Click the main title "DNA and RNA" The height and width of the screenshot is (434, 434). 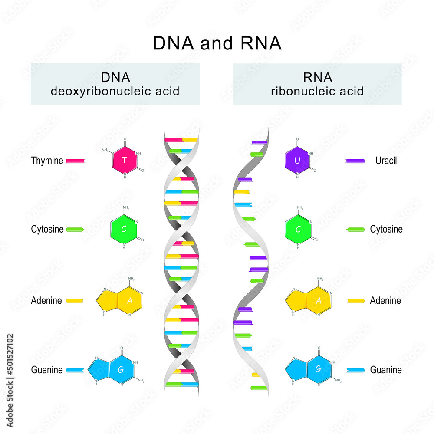click(x=217, y=43)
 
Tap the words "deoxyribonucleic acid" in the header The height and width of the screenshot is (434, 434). click(x=115, y=92)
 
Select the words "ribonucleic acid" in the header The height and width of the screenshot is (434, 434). click(x=317, y=92)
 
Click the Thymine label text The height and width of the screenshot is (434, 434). click(x=47, y=161)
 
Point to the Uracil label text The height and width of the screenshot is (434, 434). click(x=386, y=161)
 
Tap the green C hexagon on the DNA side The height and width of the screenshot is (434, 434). click(x=124, y=229)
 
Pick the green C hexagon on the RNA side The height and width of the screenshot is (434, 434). click(x=297, y=229)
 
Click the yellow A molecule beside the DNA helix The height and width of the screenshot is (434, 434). click(x=122, y=300)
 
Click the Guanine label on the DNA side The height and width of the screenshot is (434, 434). click(x=47, y=370)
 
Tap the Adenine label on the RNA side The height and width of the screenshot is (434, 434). click(x=385, y=300)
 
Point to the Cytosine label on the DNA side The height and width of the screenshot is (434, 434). click(x=47, y=229)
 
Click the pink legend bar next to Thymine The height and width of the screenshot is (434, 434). click(x=76, y=161)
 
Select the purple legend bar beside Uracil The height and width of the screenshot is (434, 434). click(x=355, y=161)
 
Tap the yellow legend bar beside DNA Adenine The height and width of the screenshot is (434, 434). click(x=75, y=300)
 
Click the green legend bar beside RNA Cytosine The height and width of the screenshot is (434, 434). click(x=355, y=229)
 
